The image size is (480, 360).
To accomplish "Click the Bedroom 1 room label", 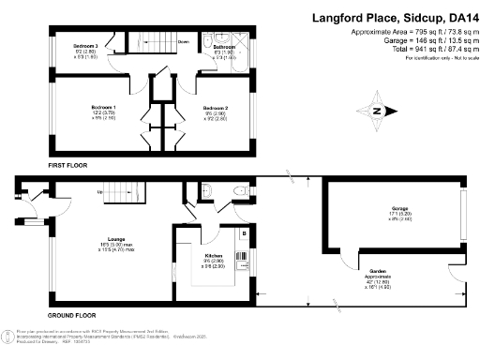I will pyautogui.click(x=102, y=109).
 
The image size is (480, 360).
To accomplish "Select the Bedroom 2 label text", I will pyautogui.click(x=217, y=109).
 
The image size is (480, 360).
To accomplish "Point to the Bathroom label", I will pyautogui.click(x=224, y=46).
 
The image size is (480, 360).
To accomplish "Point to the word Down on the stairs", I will pyautogui.click(x=184, y=42).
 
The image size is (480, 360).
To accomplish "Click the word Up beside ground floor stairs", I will pyautogui.click(x=100, y=193).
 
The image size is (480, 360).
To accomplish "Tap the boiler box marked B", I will pyautogui.click(x=245, y=231).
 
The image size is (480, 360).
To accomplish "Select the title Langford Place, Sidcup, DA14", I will pyautogui.click(x=392, y=17).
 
